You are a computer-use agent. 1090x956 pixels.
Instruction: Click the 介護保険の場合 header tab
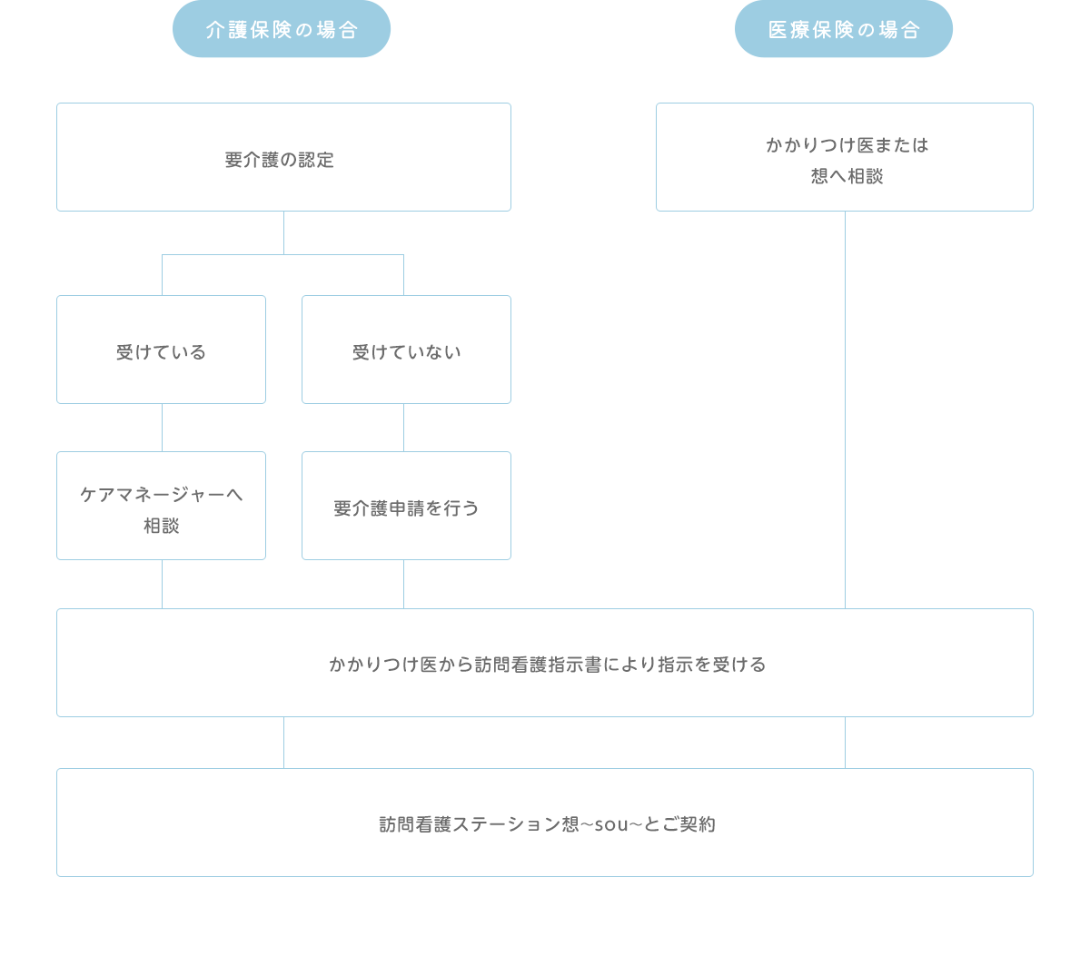coord(282,29)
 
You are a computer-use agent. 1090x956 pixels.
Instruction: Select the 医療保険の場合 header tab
coord(844,29)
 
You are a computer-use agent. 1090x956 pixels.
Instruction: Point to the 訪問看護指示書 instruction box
coord(545,663)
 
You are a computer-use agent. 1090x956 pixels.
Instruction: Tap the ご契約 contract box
coord(545,823)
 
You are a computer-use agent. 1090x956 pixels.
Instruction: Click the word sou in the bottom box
coord(611,824)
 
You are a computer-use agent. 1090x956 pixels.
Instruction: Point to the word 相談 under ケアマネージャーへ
coord(162,526)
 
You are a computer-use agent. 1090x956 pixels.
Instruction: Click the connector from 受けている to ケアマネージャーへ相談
coord(162,428)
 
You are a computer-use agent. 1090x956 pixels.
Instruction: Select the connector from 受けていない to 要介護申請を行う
coord(403,428)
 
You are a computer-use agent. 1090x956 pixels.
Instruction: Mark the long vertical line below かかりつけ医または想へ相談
coord(845,409)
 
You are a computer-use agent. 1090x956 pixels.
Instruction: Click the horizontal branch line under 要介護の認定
coord(282,255)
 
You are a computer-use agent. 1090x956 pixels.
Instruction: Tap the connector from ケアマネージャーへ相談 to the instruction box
coord(162,584)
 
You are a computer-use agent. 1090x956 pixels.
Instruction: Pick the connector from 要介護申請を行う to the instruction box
coord(403,584)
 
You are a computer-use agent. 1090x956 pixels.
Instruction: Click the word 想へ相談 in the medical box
coord(847,176)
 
